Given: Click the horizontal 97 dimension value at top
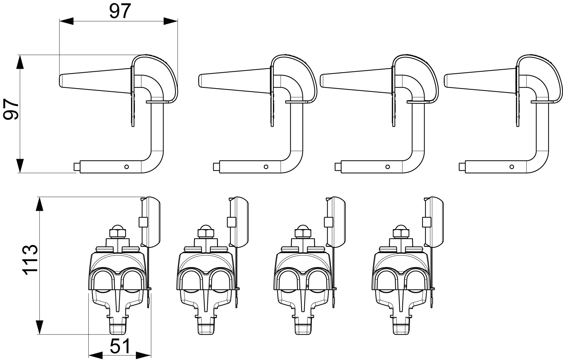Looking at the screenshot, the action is coord(120,12).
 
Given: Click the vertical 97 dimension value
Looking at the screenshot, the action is coord(11,110).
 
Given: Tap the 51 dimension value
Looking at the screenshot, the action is coord(120,346).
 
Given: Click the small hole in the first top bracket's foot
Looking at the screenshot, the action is coord(127,167).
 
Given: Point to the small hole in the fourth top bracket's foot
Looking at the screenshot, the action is coord(512,167).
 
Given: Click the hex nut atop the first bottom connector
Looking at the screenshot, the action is coord(117,232).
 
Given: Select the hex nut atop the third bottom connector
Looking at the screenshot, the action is coord(303,232).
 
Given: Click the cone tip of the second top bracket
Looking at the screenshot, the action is coord(200,80).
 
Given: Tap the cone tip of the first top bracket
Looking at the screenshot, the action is coord(61,80).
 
